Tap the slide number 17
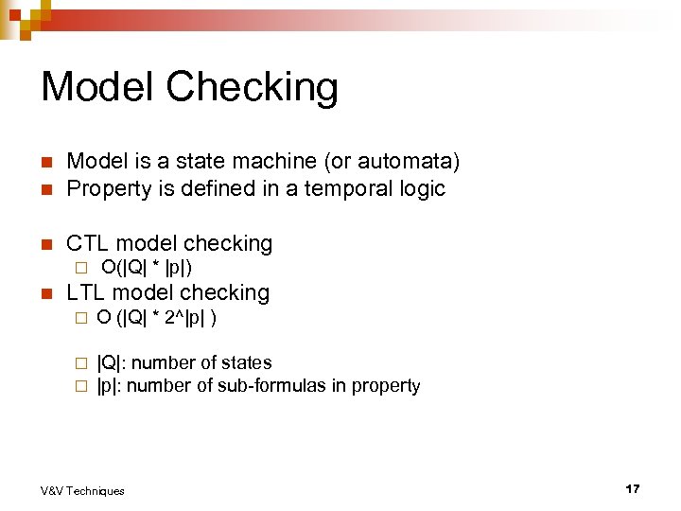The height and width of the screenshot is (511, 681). tap(633, 488)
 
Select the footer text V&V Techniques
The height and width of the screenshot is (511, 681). tap(82, 490)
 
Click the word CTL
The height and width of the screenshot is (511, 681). tap(89, 243)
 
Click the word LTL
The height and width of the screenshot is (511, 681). tap(88, 292)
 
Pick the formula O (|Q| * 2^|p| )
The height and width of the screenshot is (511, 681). tap(157, 317)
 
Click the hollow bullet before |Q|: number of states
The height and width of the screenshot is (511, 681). tap(81, 363)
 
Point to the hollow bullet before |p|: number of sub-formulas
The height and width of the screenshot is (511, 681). tap(81, 386)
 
